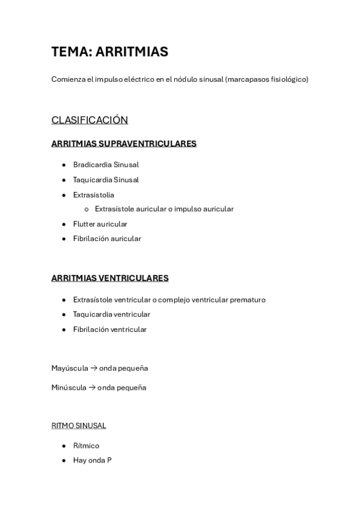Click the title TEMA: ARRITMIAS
(x=109, y=52)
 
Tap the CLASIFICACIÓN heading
(x=90, y=120)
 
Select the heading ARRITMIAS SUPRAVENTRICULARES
(x=124, y=144)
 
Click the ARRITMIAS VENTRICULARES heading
(x=109, y=278)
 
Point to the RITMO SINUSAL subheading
(x=79, y=426)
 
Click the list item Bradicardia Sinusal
(x=106, y=165)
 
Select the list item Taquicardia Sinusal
(x=106, y=180)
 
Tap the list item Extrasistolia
(x=93, y=195)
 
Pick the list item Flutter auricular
(x=100, y=224)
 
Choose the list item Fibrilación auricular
(x=107, y=239)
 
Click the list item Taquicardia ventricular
(x=111, y=315)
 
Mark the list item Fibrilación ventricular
(x=109, y=330)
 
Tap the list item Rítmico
(x=86, y=446)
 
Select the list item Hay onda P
(x=92, y=461)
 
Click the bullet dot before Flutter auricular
(x=64, y=224)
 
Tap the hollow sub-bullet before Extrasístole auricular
(x=87, y=209)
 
